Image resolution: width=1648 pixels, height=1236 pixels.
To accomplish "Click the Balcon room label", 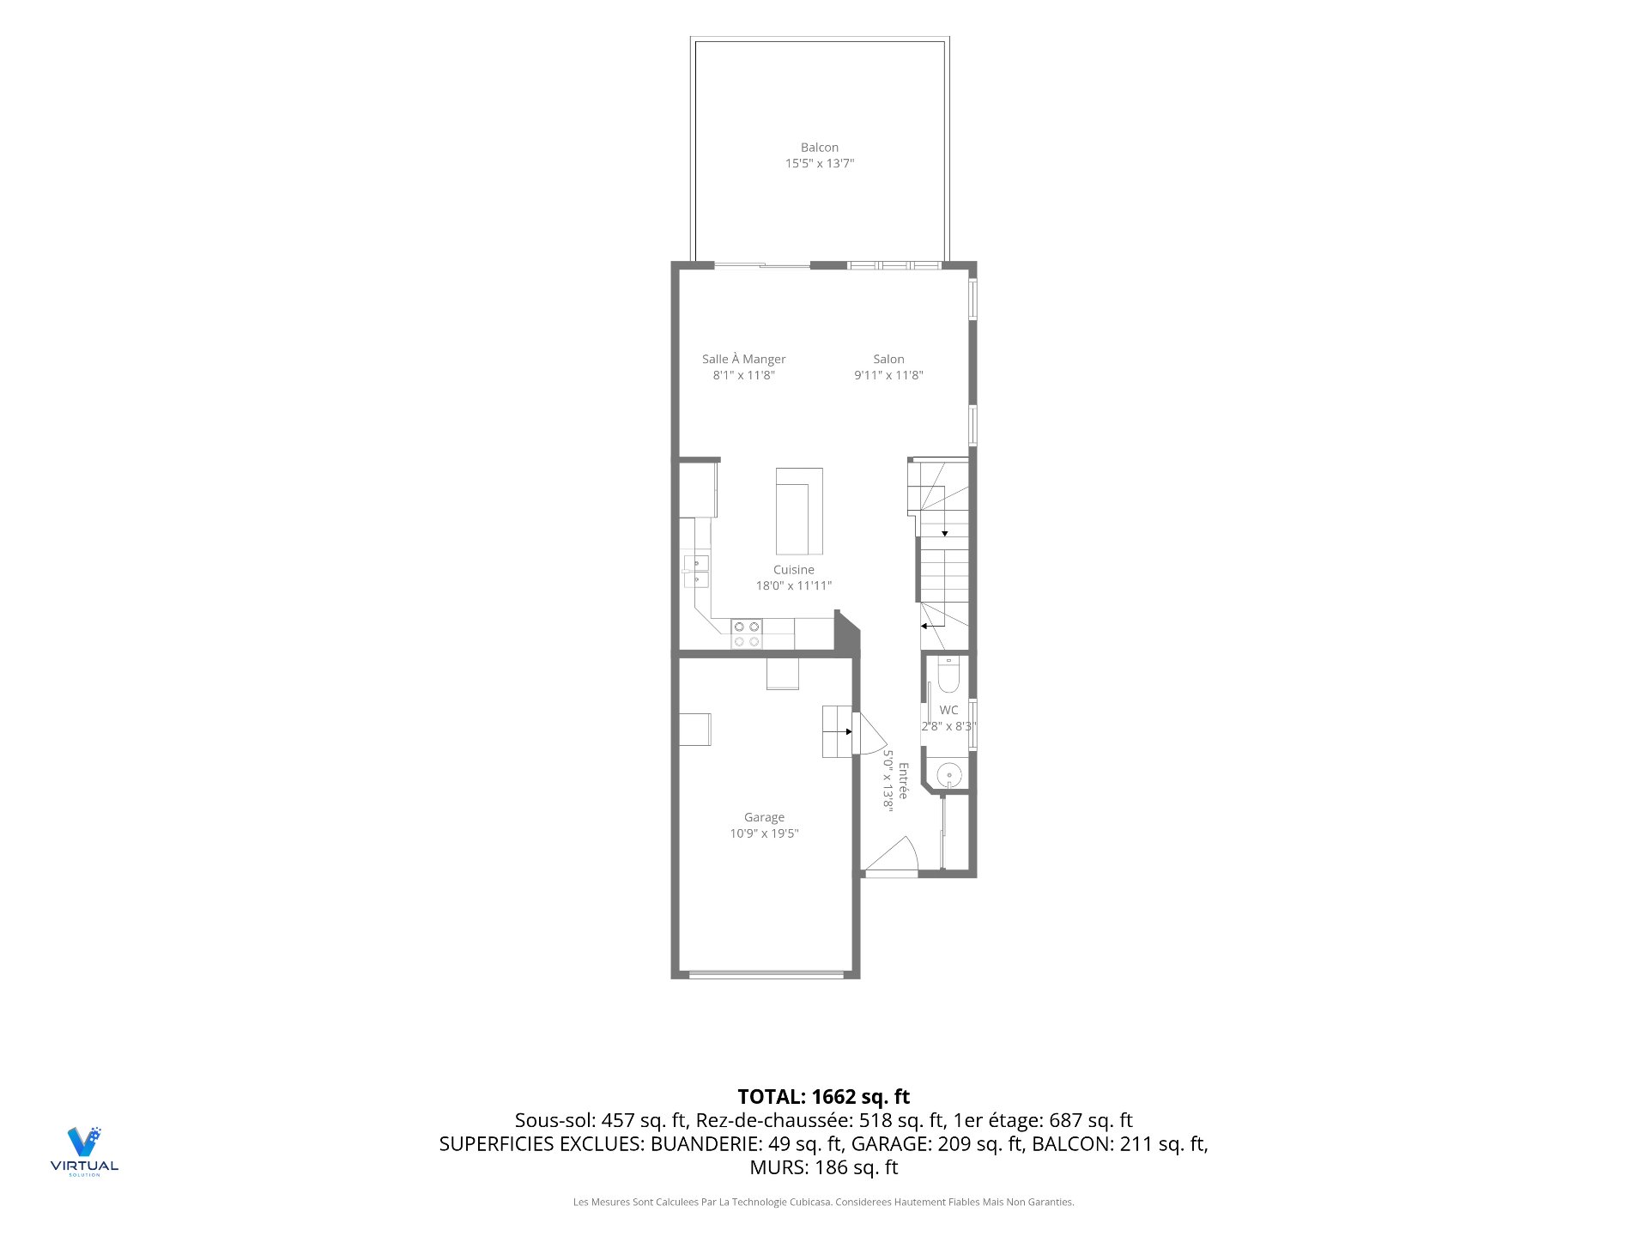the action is point(820,148).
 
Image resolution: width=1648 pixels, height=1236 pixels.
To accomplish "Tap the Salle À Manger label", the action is point(743,359).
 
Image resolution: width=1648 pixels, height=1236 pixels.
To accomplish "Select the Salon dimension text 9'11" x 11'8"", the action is point(888,375).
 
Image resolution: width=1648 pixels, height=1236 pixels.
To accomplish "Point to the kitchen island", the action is point(799,512).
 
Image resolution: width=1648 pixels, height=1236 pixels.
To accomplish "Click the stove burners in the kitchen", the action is point(747,634).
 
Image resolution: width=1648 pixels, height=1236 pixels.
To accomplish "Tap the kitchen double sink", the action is point(696,572).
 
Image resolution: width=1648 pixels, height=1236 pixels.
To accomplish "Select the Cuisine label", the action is point(793,570).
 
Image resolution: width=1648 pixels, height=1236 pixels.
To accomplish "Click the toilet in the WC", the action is point(948,676).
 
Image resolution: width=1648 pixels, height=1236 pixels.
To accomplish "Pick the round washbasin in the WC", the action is point(949,776).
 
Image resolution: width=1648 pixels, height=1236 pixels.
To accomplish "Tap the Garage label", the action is point(764,818).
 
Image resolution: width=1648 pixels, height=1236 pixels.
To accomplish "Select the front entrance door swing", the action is point(892,855).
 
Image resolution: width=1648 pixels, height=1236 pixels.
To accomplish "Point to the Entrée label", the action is point(903,781).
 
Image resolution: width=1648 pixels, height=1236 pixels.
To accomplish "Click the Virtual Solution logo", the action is point(84,1151).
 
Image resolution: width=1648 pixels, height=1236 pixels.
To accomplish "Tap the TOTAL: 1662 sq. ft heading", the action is point(824,1097).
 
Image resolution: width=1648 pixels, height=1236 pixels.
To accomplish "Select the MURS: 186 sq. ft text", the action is point(824,1167).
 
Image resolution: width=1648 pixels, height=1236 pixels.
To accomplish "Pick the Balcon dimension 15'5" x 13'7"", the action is point(820,164).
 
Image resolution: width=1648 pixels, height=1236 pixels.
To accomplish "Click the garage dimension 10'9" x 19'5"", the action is point(764,833).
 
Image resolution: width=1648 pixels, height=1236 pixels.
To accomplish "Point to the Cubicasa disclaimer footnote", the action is point(824,1203).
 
